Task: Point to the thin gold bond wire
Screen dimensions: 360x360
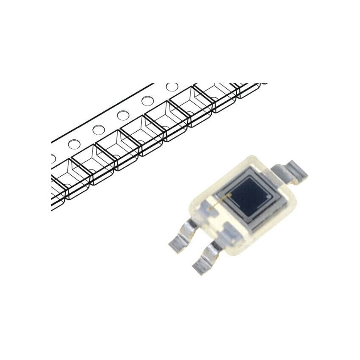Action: [220, 201]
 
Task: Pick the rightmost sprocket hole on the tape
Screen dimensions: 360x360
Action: [172, 87]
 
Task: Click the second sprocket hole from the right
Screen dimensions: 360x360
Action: [147, 101]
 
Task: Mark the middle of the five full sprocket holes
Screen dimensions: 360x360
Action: [123, 115]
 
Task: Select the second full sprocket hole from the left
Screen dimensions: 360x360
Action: [99, 130]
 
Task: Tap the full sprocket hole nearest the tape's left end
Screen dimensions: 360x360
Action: [74, 144]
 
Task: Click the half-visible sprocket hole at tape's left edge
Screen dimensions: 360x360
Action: [53, 158]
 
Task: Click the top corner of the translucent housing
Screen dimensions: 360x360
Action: [250, 158]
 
